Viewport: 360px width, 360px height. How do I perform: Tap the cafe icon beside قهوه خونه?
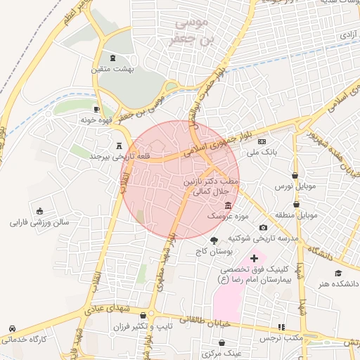pos(97,110)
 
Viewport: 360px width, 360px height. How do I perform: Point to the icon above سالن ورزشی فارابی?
pos(39,211)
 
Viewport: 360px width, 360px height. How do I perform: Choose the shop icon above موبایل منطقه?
pos(296,204)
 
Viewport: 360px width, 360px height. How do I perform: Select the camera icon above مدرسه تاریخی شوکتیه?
pos(263,228)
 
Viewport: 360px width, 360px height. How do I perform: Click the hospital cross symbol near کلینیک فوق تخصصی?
pos(254,259)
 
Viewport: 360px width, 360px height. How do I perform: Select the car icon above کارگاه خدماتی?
pos(13,328)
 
